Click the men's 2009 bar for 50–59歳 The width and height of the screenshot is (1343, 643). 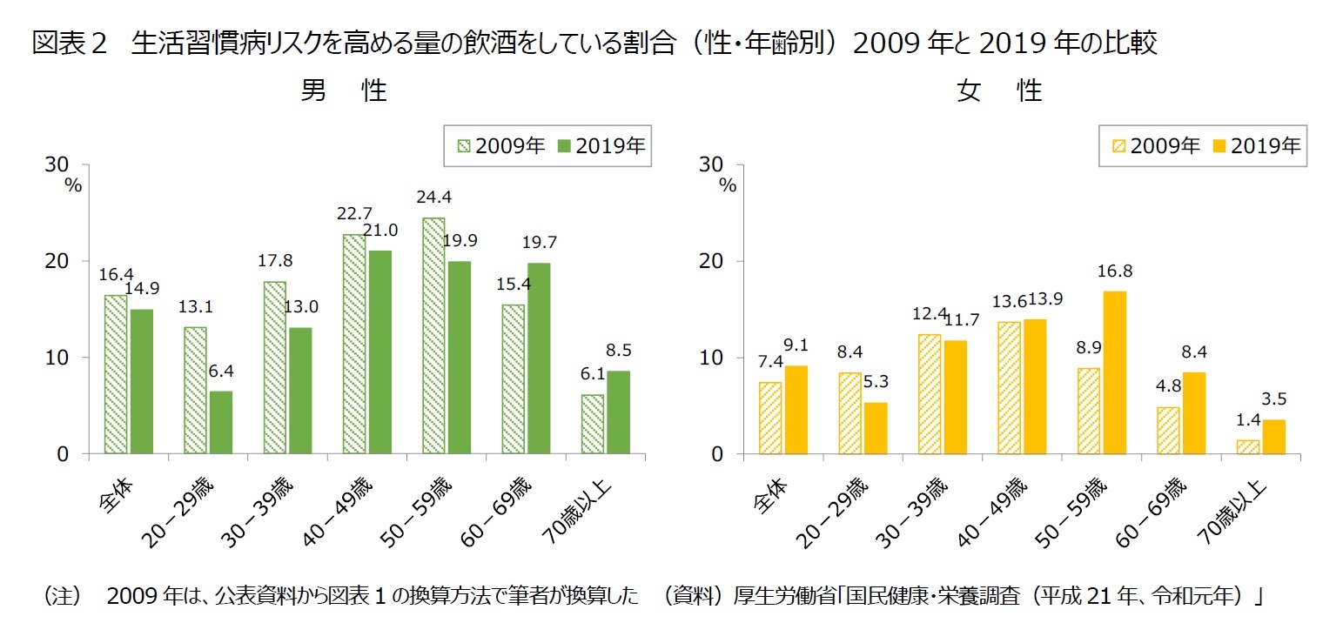pos(433,336)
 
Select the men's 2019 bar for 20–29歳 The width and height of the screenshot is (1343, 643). pos(221,423)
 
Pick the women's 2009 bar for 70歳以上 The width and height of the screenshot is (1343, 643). pos(1247,447)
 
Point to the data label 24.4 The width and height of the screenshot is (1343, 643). pos(433,198)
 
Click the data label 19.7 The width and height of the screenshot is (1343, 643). pos(540,243)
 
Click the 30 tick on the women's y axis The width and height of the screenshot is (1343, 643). pos(714,164)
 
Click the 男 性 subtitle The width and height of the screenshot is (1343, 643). pos(344,90)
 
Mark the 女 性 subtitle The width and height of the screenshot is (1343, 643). pos(999,90)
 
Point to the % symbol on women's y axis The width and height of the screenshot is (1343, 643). pos(728,185)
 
